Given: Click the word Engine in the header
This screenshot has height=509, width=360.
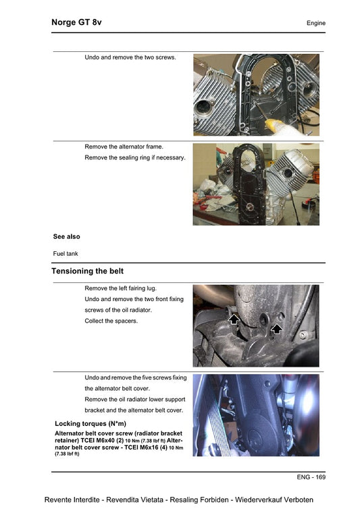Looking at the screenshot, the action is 315,24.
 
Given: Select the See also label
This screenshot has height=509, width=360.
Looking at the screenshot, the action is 66,237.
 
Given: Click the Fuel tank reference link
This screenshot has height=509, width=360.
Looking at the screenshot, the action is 66,254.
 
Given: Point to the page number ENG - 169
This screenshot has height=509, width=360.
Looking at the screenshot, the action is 311,477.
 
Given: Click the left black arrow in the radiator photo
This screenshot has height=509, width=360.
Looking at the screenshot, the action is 234,317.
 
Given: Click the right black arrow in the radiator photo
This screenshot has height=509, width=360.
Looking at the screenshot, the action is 276,328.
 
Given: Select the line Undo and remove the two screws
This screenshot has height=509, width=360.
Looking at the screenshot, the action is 130,57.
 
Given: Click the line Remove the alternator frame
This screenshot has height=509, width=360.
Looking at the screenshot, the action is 124,146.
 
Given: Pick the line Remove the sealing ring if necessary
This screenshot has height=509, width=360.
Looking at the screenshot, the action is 134,157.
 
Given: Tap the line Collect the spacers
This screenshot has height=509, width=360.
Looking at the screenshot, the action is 111,321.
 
